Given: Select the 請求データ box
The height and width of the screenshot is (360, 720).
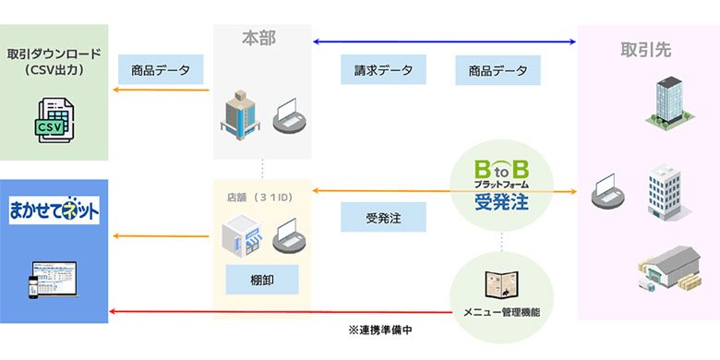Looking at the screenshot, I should (x=383, y=70).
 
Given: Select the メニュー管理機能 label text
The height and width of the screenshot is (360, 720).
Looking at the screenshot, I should (x=502, y=311).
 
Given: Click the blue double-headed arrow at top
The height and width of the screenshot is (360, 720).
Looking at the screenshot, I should (x=444, y=42).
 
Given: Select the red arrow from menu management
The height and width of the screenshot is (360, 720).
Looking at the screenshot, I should (x=277, y=312).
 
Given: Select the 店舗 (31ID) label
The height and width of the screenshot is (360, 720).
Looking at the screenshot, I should (x=262, y=197).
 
